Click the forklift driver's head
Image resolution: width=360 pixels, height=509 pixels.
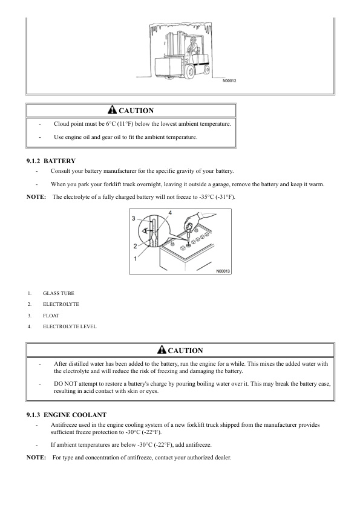point(194,41)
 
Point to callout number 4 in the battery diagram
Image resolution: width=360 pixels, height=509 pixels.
point(170,213)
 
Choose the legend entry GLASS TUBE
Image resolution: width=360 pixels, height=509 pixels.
point(59,293)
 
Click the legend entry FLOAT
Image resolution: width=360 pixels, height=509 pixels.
point(51,316)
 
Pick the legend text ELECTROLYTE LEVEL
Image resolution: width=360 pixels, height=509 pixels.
point(70,327)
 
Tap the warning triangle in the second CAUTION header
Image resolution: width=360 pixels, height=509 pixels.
point(161,350)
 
